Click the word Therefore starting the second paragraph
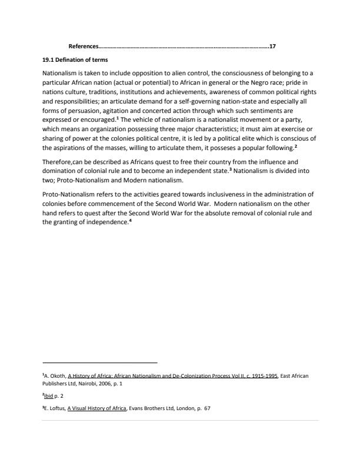tap(58, 161)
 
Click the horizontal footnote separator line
tap(100, 362)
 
